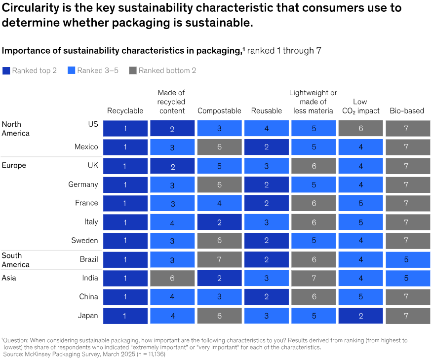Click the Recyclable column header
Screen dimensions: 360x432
[125, 111]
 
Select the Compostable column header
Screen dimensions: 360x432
[219, 111]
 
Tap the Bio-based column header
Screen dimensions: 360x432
[407, 111]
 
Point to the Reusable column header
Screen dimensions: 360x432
[266, 111]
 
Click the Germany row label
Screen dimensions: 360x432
[83, 184]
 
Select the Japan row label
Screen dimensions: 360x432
[89, 316]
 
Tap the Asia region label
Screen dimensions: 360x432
[9, 278]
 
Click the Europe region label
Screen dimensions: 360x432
[14, 166]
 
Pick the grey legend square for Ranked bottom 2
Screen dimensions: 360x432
[132, 71]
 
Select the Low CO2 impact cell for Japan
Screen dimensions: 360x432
[360, 316]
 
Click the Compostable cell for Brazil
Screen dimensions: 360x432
[219, 260]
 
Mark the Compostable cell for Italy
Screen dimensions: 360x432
[219, 222]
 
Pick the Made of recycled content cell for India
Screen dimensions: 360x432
[172, 279]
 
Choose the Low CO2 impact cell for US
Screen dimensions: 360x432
[360, 129]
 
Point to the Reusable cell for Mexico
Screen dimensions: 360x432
[266, 147]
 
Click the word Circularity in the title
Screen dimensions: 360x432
[29, 8]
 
